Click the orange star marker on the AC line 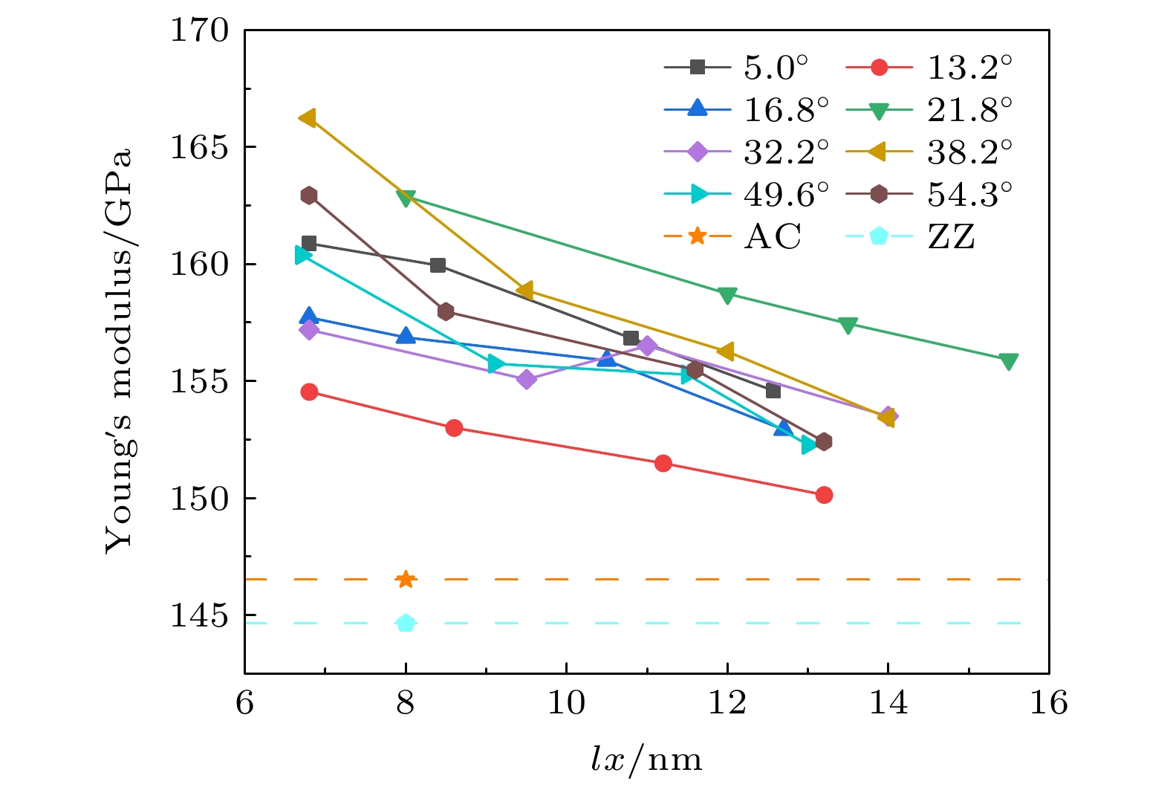[x=405, y=579]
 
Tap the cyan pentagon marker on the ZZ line [x=405, y=623]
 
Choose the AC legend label [x=773, y=237]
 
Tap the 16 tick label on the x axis [x=1048, y=702]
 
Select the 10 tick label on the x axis [x=566, y=702]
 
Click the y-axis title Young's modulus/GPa [x=119, y=349]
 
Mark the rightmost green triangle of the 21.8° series [x=1008, y=361]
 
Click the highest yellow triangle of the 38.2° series [x=307, y=117]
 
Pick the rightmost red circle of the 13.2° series [x=824, y=495]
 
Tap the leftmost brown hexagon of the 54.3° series [x=309, y=195]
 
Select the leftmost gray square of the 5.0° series [x=309, y=243]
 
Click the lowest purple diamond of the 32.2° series [x=526, y=379]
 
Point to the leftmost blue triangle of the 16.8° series [x=309, y=317]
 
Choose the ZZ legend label [x=951, y=237]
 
